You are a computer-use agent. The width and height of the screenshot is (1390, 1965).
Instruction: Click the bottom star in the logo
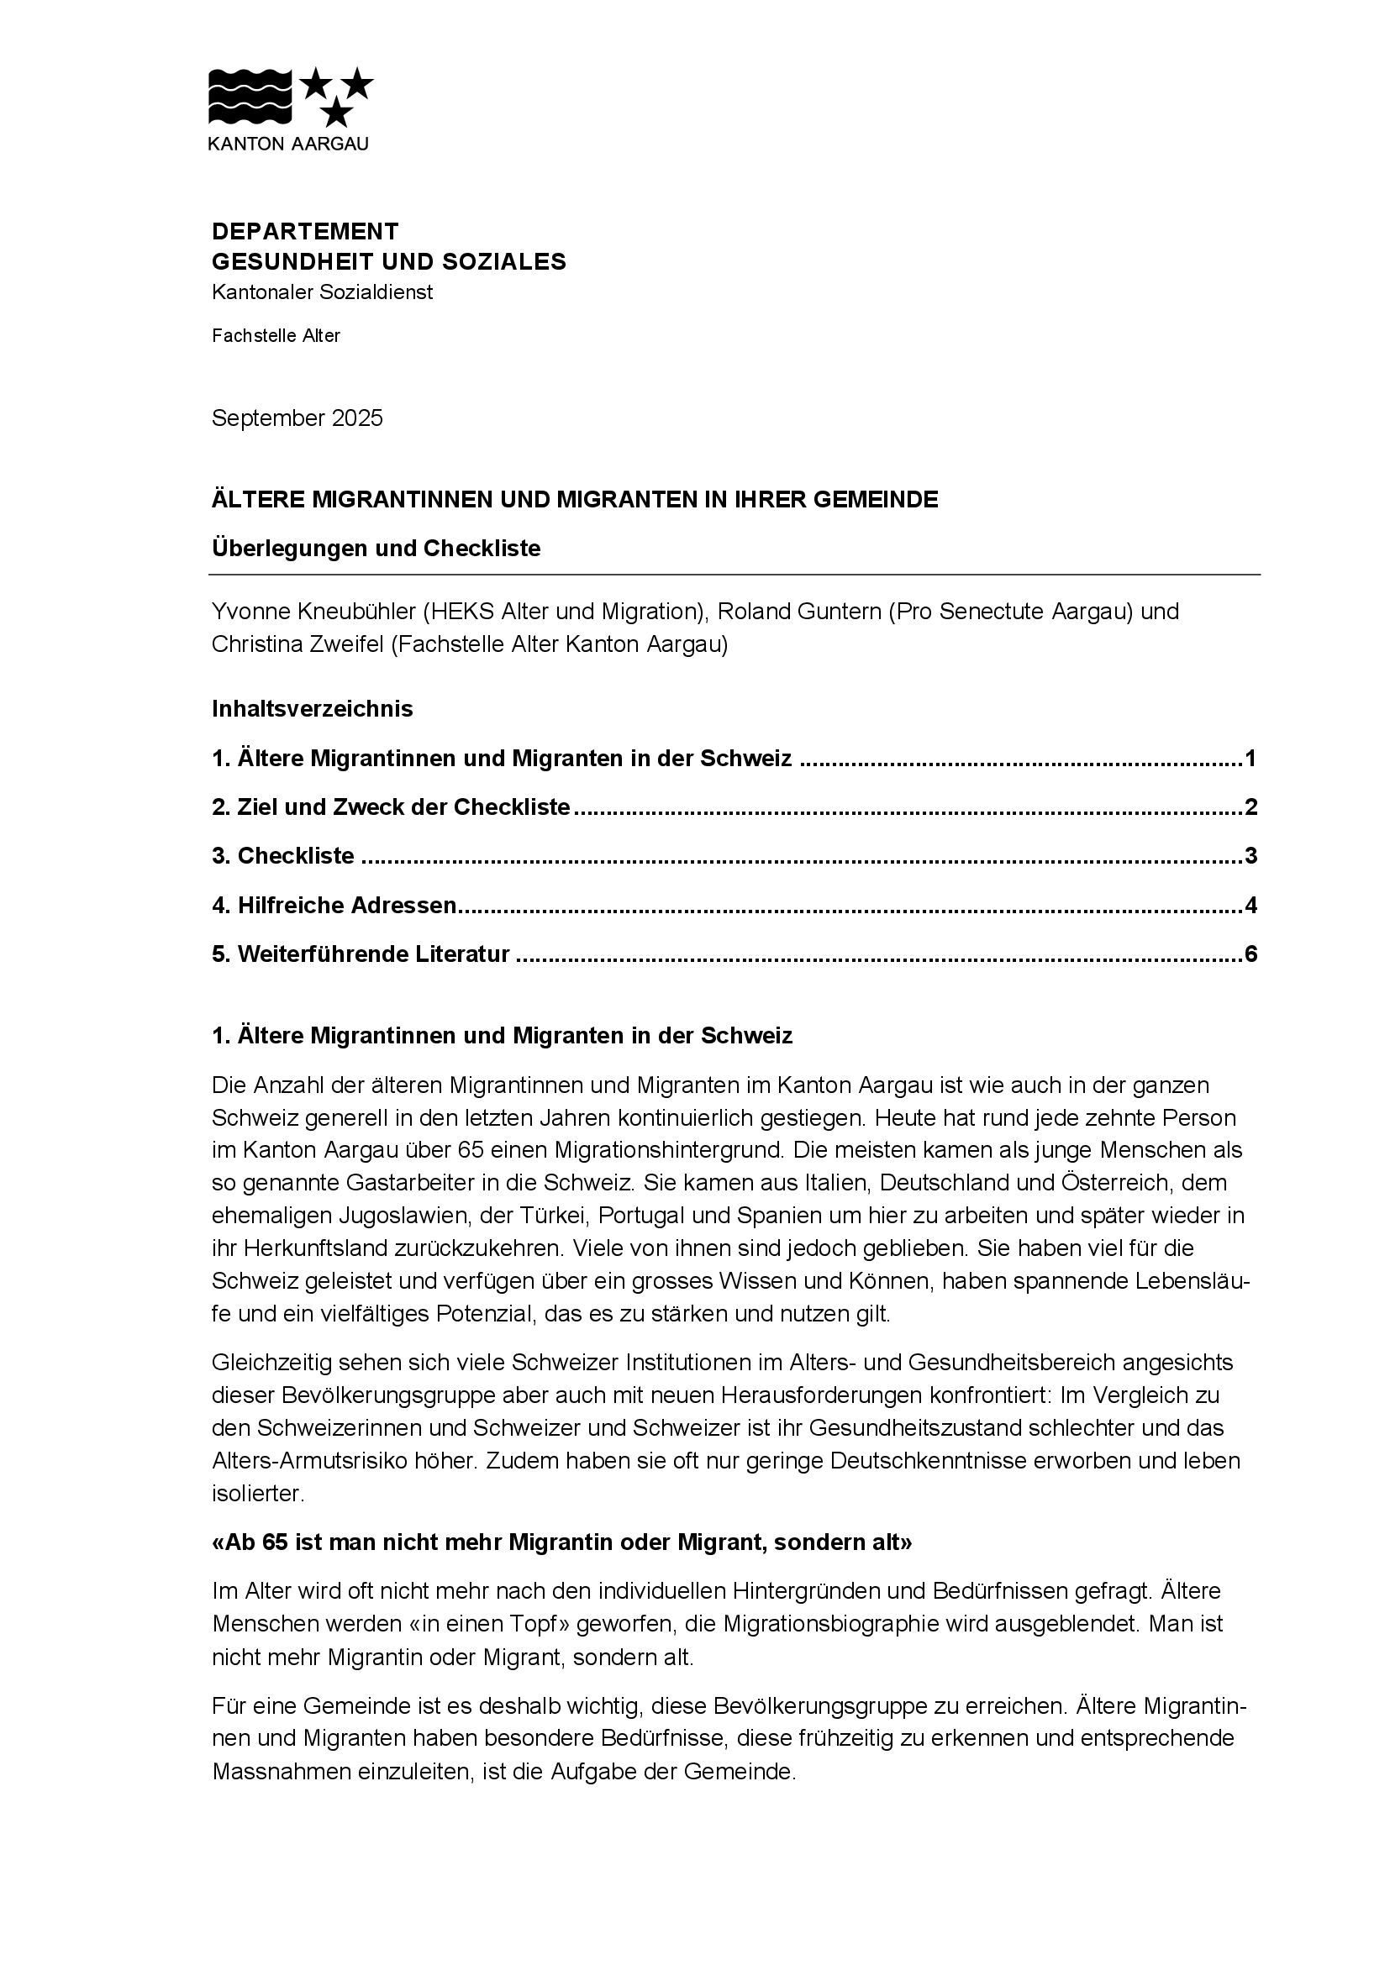coord(338,112)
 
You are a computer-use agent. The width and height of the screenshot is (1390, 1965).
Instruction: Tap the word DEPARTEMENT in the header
coord(305,231)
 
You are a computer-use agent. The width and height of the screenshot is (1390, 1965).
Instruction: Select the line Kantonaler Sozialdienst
coord(322,292)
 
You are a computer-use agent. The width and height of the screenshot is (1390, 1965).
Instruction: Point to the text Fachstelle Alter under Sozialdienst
coord(276,335)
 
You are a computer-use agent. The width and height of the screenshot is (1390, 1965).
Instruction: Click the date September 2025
coord(297,418)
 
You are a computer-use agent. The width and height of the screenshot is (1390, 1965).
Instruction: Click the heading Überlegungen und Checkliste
coord(376,548)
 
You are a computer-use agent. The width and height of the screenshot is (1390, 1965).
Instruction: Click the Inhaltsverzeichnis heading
coord(312,709)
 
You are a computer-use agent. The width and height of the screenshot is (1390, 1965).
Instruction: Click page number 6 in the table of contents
coord(1250,954)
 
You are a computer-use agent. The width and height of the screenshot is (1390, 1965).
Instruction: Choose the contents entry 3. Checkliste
coord(283,856)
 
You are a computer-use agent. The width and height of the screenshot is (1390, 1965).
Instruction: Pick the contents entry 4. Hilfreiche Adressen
coord(334,905)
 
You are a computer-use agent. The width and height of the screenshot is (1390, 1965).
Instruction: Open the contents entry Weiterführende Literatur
coord(373,954)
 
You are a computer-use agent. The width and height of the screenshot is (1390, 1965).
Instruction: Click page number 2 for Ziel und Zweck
coord(1250,807)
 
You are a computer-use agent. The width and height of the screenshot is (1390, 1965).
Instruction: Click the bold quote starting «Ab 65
coord(561,1542)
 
